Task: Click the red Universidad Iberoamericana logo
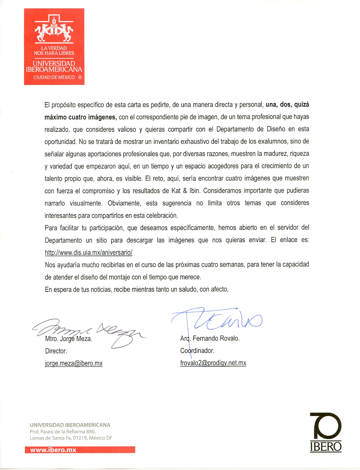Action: coord(54,46)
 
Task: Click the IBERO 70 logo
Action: coord(326,432)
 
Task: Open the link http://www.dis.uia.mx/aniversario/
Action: coord(88,252)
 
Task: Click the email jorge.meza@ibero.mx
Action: coord(74,363)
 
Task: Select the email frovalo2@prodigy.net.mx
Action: coord(213,363)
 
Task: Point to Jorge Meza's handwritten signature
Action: coord(89,332)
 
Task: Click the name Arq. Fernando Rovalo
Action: coord(210,338)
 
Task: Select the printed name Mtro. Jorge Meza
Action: coord(69,339)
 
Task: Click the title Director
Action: coord(56,351)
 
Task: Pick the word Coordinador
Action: coord(197,350)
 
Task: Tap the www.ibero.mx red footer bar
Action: coord(80,450)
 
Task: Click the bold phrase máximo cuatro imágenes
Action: coord(80,117)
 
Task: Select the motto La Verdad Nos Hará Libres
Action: coord(54,51)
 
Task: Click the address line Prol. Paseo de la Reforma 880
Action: coord(63,432)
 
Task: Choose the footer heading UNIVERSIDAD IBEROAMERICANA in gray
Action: coord(70,425)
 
